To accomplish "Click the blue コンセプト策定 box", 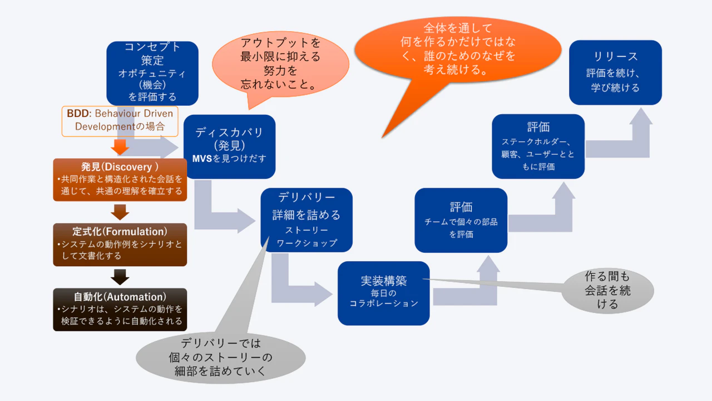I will click(x=152, y=72).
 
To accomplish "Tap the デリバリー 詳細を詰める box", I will click(x=306, y=219).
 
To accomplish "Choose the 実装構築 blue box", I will click(x=383, y=293).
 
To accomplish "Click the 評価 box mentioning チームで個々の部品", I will click(x=461, y=220).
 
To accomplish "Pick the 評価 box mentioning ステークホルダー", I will click(x=538, y=146).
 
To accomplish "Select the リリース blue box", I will click(x=615, y=72).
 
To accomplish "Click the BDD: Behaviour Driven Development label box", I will click(x=120, y=120).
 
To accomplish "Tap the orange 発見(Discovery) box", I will click(x=120, y=179).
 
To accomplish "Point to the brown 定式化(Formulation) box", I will click(x=120, y=244).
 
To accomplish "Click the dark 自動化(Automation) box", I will click(x=120, y=309).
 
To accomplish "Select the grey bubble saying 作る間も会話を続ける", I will click(x=607, y=291).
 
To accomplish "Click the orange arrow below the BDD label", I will click(x=120, y=147).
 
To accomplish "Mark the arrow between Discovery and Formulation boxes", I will click(x=120, y=212).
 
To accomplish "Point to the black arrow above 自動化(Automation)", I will click(x=120, y=277).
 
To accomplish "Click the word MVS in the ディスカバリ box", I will click(x=201, y=158).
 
